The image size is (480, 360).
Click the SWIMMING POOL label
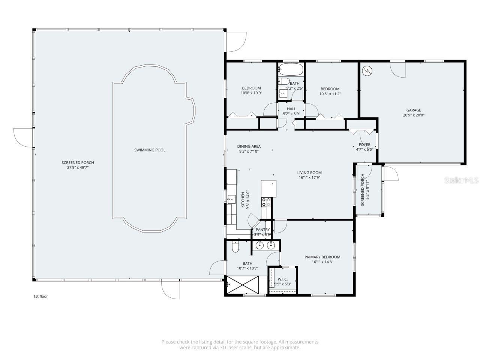150,150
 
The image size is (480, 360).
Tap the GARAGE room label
414,110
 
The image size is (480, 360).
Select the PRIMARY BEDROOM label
322,257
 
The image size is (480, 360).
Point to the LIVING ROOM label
310,173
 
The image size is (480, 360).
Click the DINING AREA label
249,147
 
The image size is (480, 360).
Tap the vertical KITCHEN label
243,199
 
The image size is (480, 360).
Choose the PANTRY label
262,230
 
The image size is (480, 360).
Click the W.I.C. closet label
282,279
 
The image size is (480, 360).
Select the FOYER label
364,145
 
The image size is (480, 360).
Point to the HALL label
291,109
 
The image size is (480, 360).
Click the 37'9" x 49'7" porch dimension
78,168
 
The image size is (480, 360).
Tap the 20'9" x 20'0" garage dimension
414,115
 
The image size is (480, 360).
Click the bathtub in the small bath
291,69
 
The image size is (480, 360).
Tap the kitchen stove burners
266,202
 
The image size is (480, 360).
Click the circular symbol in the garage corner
367,70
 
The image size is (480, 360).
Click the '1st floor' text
40,297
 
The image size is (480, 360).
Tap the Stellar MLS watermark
461,180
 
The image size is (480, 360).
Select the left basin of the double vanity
259,246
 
